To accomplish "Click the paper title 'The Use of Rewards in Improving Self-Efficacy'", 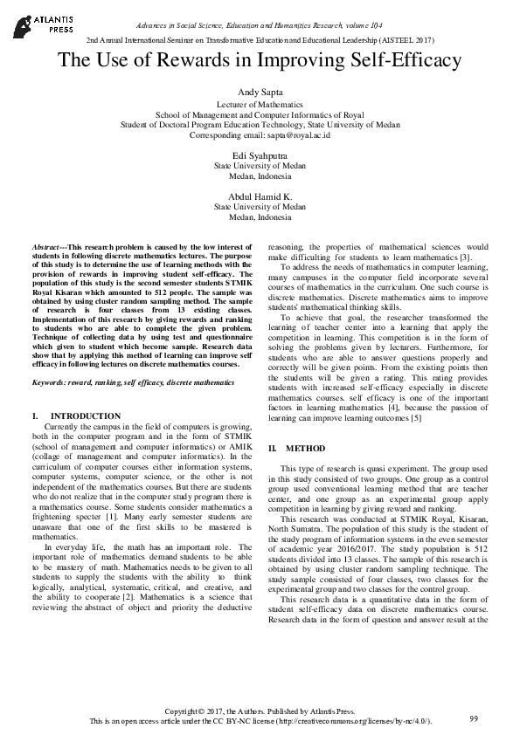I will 260,61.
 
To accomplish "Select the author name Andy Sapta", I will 260,92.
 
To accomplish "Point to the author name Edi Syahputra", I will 260,154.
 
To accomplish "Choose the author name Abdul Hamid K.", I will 260,196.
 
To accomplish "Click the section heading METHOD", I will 287,448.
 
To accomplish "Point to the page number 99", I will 474,718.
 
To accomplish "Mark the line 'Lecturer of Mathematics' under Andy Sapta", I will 260,104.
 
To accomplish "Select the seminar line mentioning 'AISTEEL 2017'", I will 260,41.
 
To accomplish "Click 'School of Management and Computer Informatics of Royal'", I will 260,114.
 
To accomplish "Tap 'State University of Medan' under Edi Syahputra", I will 260,165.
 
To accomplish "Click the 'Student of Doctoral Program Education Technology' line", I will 260,125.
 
